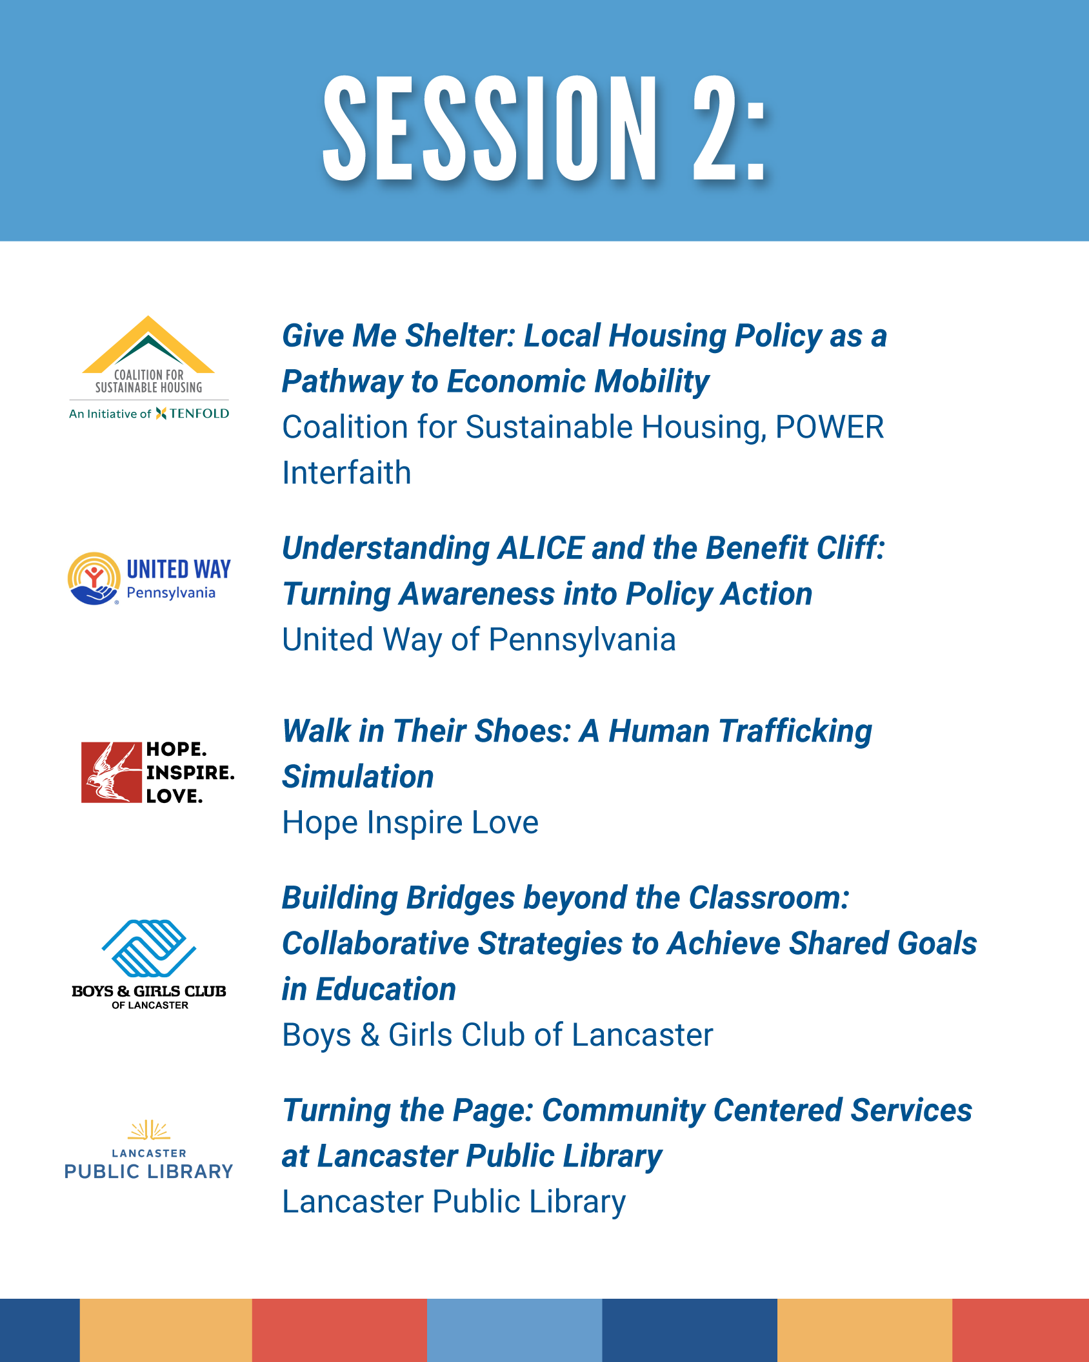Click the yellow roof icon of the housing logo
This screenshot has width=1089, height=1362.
pos(148,344)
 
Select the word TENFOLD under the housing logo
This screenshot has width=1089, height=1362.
pos(199,414)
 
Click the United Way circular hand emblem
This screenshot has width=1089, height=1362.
pos(94,578)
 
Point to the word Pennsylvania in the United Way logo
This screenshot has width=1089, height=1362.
pos(171,593)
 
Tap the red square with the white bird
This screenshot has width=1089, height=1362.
pos(111,772)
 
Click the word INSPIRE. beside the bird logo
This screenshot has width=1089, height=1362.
pos(190,773)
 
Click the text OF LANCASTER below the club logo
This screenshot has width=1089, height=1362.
pos(150,1006)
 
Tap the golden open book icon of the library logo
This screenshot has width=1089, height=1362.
pos(149,1130)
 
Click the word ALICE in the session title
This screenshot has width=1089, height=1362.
pos(541,548)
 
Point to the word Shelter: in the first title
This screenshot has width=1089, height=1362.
pos(460,336)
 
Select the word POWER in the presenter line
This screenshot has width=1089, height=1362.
pos(830,427)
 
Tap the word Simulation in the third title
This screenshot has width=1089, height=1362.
pos(358,777)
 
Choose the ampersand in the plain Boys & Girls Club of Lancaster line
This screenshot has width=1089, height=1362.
pos(370,1035)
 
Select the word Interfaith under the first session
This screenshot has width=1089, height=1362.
pos(346,473)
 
